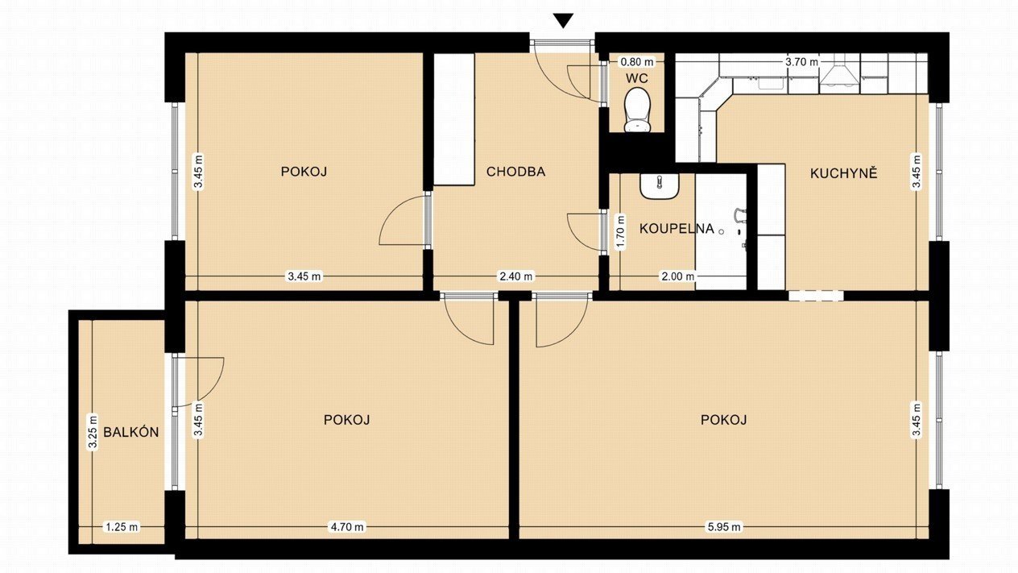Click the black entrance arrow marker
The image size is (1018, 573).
[564, 20]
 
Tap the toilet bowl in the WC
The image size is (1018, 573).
[637, 109]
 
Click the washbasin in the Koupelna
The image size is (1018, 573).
[660, 186]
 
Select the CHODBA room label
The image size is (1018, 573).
[515, 172]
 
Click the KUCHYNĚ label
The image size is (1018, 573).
[843, 173]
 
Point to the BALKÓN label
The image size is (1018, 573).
[131, 432]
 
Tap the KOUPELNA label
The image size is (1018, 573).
[677, 229]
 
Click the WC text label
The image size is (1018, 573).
[637, 78]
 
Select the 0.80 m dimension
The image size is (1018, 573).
[637, 61]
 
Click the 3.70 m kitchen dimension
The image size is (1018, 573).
[801, 62]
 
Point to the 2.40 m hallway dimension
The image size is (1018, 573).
[515, 276]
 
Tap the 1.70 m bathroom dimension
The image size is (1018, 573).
[620, 232]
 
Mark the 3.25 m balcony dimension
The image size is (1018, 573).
[93, 432]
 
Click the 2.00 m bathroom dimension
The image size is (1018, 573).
[677, 276]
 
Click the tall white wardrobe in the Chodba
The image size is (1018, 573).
[454, 119]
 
